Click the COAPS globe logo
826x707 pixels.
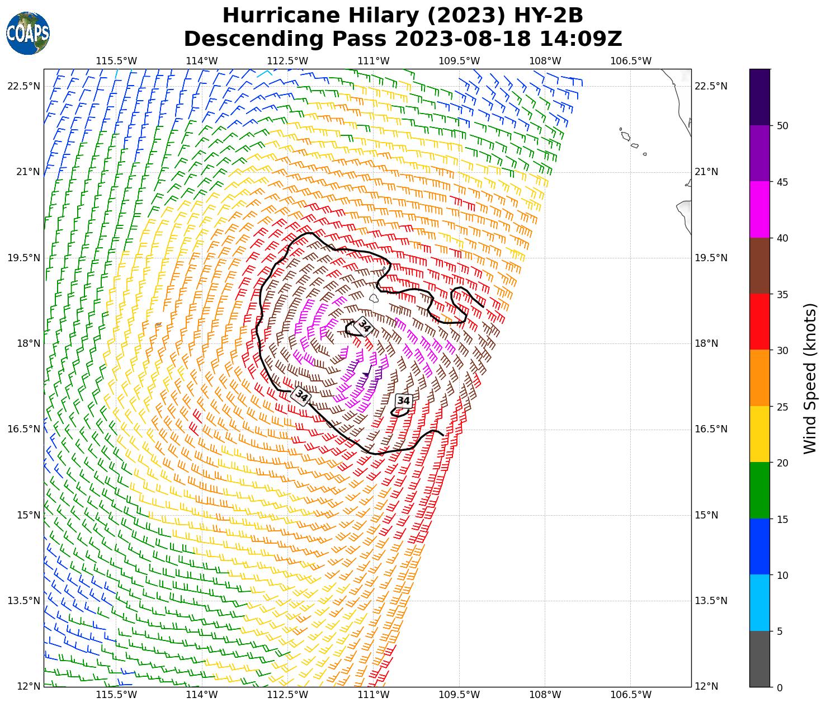coord(28,34)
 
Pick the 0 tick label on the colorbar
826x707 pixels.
coord(780,687)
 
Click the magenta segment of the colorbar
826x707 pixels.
coord(759,210)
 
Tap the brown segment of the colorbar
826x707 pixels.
coord(759,266)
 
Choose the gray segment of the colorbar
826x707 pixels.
coord(759,659)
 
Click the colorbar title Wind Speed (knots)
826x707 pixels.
coord(809,378)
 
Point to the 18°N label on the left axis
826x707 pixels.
coord(27,343)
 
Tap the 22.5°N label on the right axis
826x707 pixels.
coord(711,86)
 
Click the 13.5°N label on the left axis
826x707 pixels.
coord(23,601)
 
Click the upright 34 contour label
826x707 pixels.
coord(403,400)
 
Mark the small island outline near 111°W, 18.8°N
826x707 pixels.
coord(374,299)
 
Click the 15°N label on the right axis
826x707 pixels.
coord(707,515)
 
